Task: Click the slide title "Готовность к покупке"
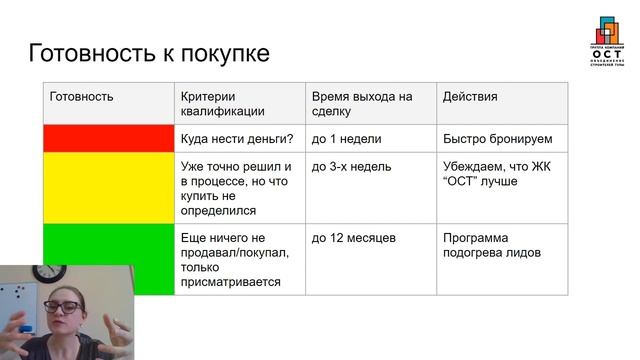[x=149, y=53]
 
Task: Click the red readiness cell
[x=109, y=138]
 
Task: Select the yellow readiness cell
[x=109, y=188]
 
